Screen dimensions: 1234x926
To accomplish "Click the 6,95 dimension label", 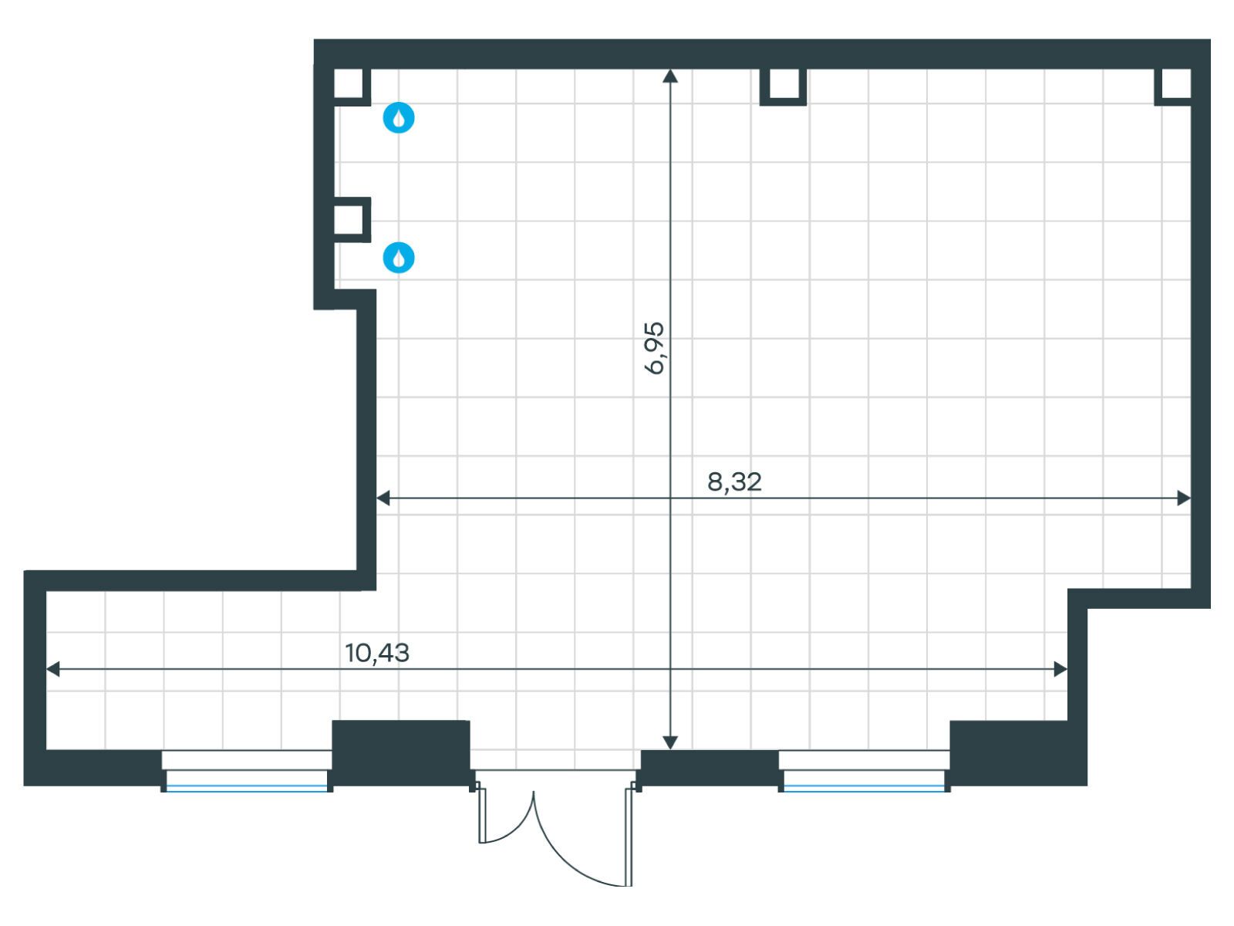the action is point(653,348).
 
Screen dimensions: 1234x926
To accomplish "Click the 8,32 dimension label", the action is point(734,482).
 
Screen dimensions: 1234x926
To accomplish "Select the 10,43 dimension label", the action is point(376,653).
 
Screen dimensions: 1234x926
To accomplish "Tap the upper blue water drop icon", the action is point(399,117).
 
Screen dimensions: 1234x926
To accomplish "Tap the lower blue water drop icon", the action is point(399,258).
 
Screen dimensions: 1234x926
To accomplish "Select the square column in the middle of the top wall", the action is point(783,86).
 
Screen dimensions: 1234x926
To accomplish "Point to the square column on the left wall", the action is point(352,219).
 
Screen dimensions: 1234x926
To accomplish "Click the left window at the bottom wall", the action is point(247,771).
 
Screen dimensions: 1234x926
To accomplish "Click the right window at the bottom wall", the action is point(864,771).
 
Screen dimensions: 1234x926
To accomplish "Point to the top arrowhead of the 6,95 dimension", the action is point(669,75).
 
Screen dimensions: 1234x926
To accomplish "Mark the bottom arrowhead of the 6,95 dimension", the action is point(669,742).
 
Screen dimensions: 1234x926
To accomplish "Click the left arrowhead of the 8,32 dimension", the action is point(383,498).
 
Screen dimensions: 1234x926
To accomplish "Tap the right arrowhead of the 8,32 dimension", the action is point(1183,498).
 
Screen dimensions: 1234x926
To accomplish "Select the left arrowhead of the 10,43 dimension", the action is point(53,669).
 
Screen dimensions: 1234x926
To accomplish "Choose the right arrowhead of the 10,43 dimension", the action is point(1060,669).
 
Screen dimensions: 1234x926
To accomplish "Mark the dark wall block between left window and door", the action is point(401,752).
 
